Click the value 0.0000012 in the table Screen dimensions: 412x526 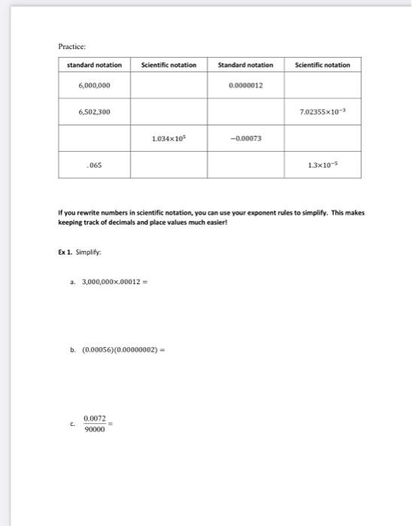[246, 86]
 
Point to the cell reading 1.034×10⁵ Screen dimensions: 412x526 [169, 139]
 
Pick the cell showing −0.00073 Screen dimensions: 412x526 [246, 139]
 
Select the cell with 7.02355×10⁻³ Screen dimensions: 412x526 [323, 112]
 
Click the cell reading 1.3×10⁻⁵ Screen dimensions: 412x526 [323, 165]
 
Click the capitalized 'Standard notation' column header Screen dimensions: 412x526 [246, 65]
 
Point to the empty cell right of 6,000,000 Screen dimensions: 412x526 [169, 86]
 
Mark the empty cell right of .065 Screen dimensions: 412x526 [169, 165]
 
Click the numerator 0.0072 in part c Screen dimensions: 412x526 [95, 419]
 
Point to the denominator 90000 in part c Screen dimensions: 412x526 [94, 430]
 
